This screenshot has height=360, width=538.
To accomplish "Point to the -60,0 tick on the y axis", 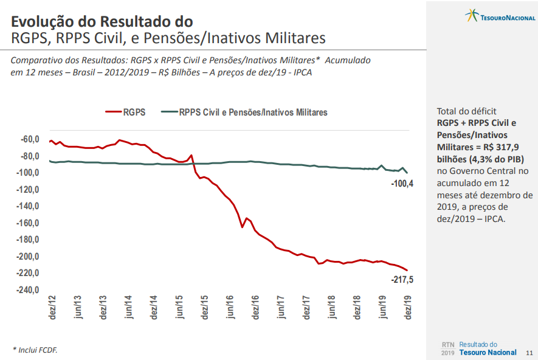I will pos(30,139).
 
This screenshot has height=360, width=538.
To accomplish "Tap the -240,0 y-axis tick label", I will pos(28,289).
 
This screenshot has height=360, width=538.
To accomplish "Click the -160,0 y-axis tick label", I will pos(28,223).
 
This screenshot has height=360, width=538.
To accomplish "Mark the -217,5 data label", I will pos(402,280).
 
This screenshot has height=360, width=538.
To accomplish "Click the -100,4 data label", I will pos(402,184).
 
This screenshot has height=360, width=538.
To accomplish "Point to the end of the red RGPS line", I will pos(407,270).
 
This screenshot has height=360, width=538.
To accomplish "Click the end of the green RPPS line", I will pos(407,173).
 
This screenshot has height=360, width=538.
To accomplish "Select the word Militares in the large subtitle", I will pos(287,38).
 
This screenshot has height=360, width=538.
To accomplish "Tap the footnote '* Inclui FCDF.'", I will pos(35,350).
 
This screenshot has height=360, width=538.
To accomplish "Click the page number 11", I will pos(529,353).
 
